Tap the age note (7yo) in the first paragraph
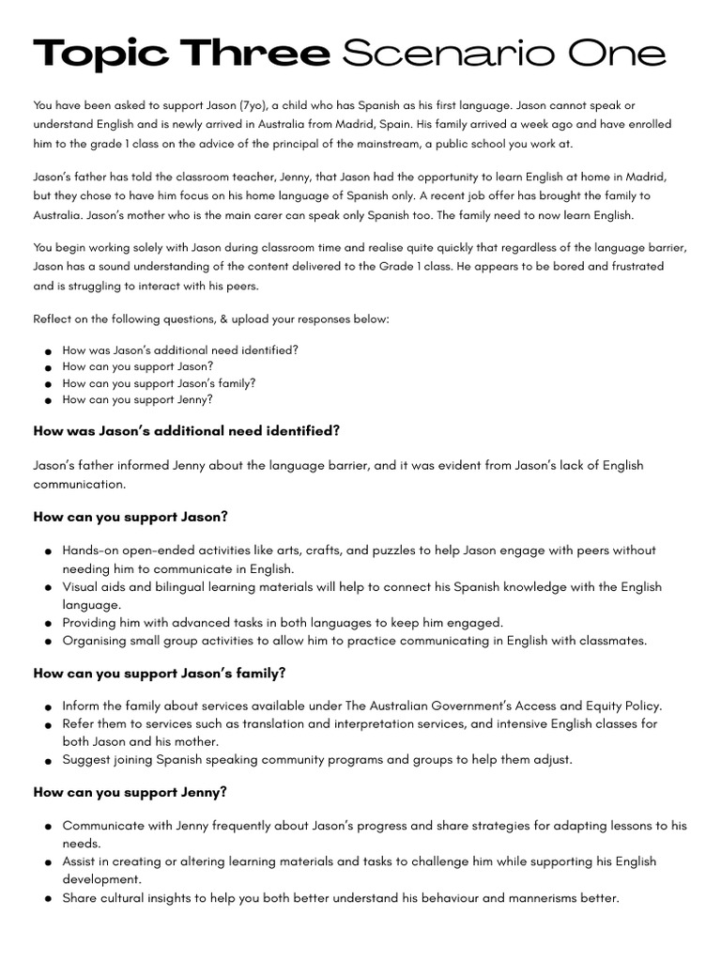point(252,106)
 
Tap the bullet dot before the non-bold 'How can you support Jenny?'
point(47,401)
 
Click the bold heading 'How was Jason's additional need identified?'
point(186,431)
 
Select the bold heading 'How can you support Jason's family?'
point(160,674)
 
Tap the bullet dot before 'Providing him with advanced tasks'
point(47,624)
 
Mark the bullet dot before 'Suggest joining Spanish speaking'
point(47,761)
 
